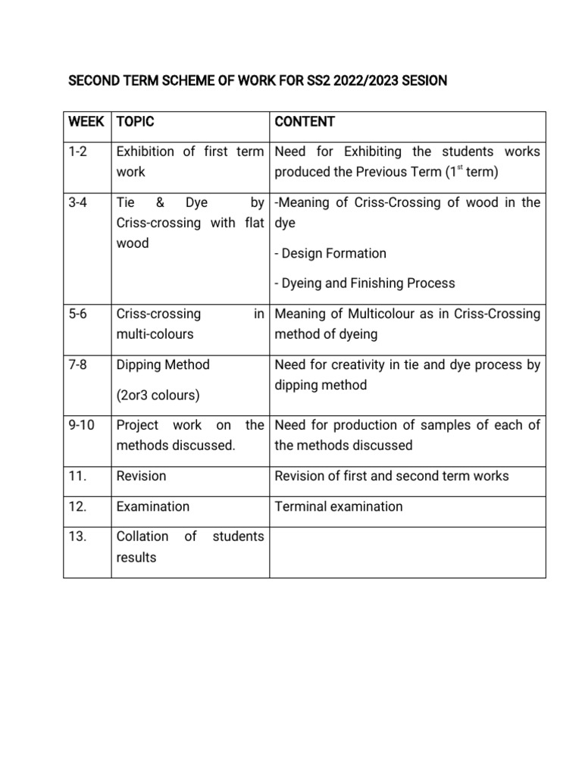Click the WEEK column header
pos(86,122)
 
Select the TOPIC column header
pos(136,122)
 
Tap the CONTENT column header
pos(305,122)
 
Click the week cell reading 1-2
pos(79,152)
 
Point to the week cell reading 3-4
pos(79,202)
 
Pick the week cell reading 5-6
pos(79,314)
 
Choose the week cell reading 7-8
pos(79,365)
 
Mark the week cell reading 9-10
pos(82,425)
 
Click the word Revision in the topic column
pos(141,476)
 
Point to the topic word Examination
pos(153,506)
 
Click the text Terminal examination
pos(339,506)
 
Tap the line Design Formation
pos(330,253)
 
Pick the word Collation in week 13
pos(142,537)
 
